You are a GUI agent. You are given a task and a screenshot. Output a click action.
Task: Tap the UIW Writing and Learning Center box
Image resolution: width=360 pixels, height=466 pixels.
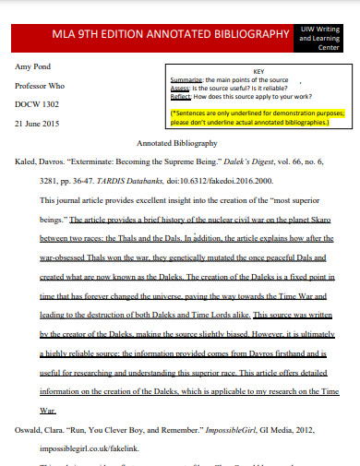325,35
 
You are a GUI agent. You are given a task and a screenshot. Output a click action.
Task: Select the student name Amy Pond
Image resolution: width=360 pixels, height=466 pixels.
36,67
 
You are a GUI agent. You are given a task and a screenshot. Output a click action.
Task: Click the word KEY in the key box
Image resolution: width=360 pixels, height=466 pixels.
258,71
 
